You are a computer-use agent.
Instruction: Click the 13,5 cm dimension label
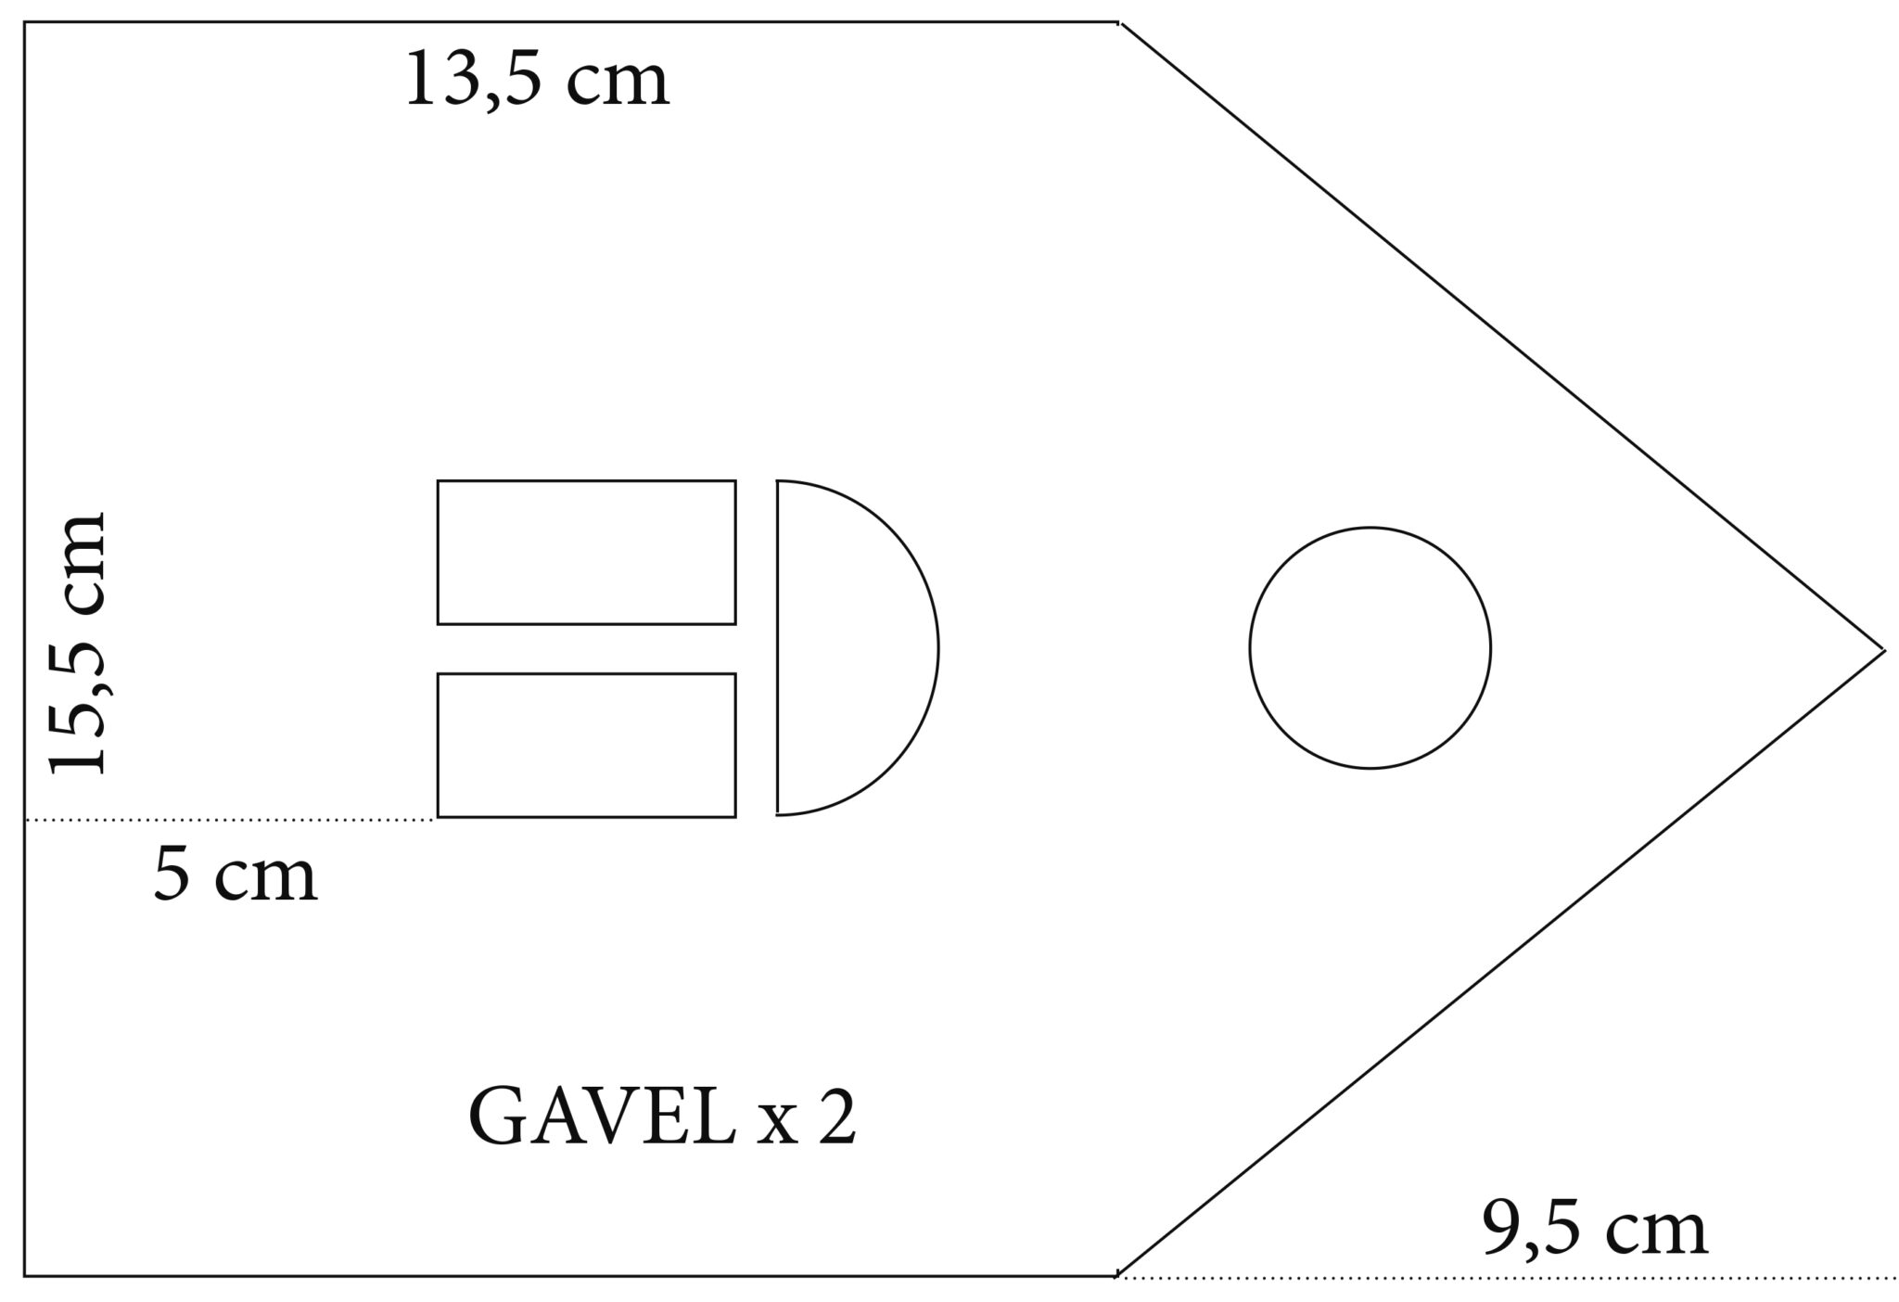538,82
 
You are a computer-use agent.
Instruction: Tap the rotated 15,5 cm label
78,642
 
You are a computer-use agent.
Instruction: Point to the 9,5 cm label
1595,1230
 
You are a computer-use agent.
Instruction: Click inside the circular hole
1370,647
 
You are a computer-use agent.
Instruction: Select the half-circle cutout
937,647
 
